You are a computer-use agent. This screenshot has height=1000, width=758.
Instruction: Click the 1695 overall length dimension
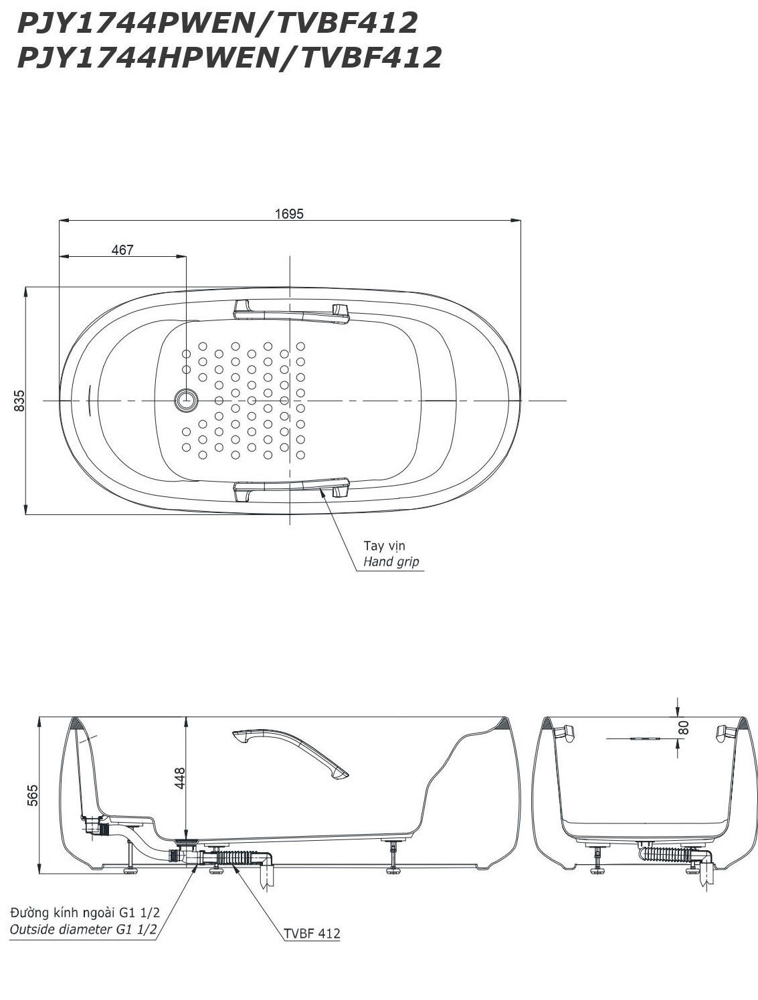tap(289, 214)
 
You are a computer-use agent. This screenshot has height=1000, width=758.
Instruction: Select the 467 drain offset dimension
tap(122, 250)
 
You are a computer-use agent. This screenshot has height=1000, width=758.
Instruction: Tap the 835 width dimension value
tap(19, 401)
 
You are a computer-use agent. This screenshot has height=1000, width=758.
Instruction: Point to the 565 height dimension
tap(33, 795)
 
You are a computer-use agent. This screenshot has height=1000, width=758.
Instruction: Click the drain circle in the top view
tap(186, 400)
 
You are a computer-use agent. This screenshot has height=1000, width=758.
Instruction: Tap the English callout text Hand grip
tap(391, 562)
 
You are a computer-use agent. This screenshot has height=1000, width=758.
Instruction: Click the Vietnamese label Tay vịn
tap(384, 546)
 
